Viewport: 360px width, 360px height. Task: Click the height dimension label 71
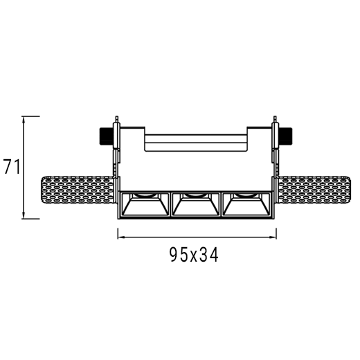click(12, 167)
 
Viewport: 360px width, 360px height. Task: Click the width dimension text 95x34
click(194, 255)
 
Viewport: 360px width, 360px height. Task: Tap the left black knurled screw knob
click(107, 136)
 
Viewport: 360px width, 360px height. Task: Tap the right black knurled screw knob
click(285, 136)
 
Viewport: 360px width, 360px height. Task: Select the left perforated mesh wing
click(78, 190)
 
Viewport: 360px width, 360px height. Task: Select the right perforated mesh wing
click(314, 190)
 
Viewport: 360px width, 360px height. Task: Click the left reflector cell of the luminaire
click(145, 204)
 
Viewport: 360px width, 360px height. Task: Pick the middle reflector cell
click(196, 204)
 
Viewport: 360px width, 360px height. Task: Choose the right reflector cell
click(246, 204)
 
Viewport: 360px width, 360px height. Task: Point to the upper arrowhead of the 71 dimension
click(24, 119)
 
